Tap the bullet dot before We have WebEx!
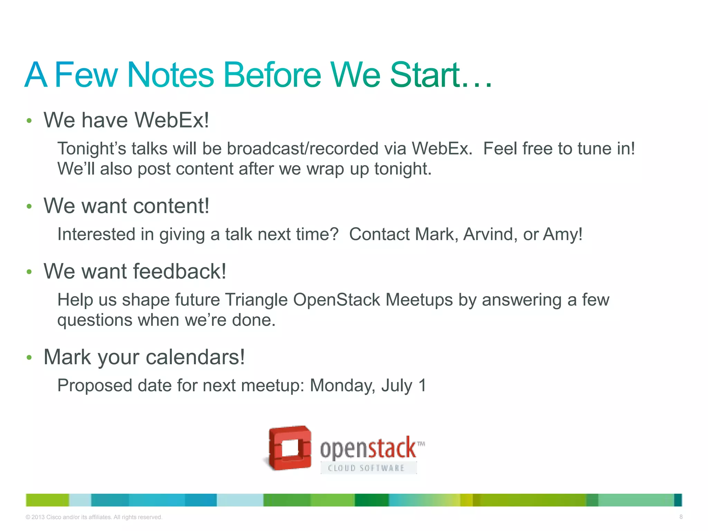(29, 121)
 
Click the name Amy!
(563, 234)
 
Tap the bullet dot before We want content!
(29, 206)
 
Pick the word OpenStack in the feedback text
(336, 300)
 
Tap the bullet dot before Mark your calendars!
(29, 357)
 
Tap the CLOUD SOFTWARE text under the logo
(366, 468)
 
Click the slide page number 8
(681, 517)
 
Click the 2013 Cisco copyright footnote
(94, 517)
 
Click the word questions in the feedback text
(94, 320)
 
